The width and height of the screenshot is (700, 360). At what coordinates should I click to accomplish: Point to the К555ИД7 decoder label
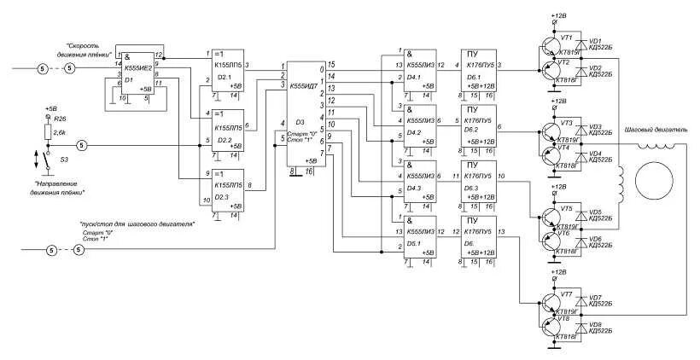tap(303, 86)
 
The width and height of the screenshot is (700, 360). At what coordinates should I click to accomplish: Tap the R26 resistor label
tap(59, 119)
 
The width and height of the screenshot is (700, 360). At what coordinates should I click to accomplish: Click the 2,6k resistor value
tap(60, 132)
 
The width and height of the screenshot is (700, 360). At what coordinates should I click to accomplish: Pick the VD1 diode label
tap(595, 40)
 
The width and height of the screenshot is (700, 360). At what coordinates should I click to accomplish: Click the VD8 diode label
tap(595, 325)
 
